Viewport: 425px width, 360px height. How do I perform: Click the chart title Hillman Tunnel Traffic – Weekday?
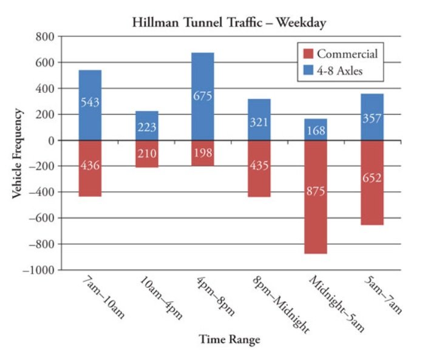229,23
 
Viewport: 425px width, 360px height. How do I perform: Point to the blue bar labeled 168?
316,121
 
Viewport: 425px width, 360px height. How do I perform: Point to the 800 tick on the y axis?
46,36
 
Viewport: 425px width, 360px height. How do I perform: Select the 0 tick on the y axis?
51,140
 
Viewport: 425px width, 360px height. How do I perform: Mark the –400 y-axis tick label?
42,192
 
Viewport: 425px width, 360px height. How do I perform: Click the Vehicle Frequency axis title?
18,153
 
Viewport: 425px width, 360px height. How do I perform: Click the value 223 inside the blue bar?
146,127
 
